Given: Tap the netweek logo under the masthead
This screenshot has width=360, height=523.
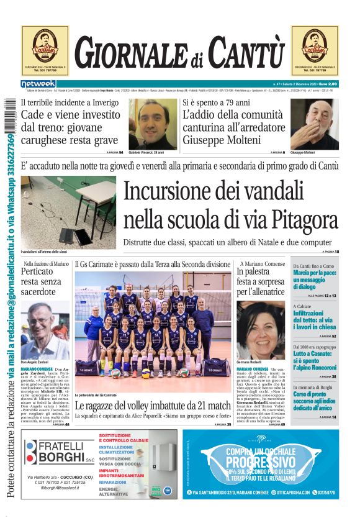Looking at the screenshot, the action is click(x=38, y=83).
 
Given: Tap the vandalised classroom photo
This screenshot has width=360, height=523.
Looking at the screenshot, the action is click(x=68, y=212).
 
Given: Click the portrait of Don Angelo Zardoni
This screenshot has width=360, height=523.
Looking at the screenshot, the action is click(x=45, y=330).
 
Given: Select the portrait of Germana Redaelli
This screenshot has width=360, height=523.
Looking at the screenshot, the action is click(x=260, y=330).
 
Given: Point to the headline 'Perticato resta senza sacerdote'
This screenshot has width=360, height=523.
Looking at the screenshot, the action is click(x=41, y=281).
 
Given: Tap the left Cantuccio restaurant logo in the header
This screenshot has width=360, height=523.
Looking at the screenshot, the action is click(x=45, y=50).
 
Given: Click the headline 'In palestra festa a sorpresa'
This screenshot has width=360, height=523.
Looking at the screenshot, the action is click(x=260, y=281).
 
